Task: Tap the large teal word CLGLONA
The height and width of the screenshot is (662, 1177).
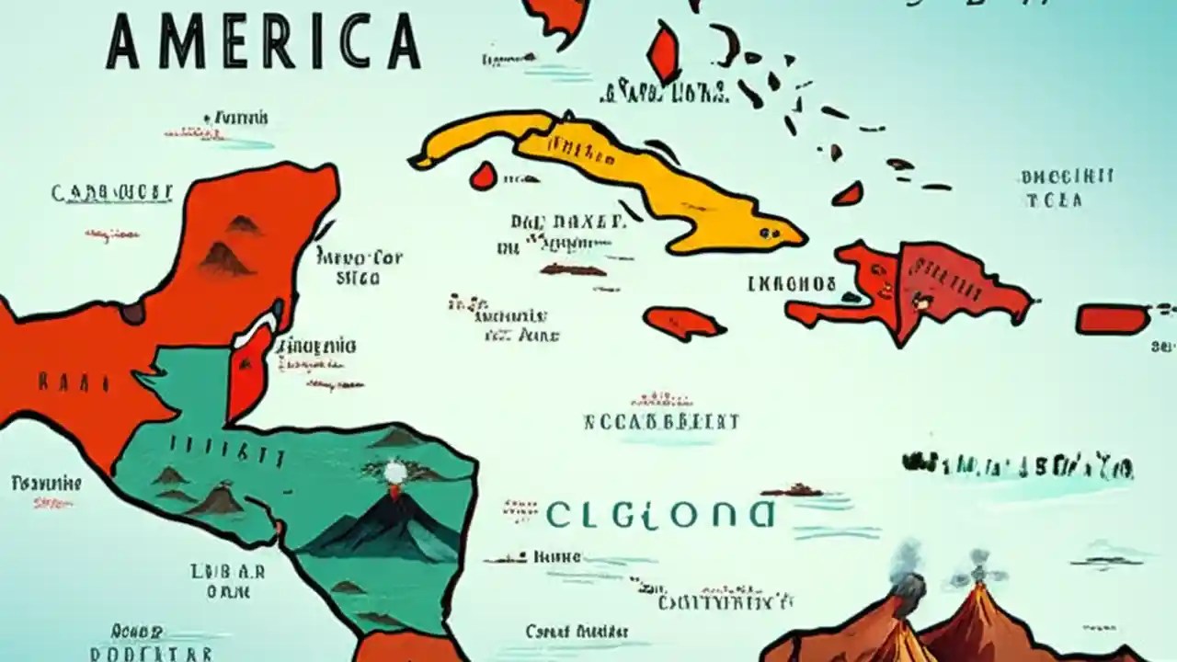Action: pyautogui.click(x=659, y=515)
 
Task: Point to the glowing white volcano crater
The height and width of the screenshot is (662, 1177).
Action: pyautogui.click(x=395, y=474)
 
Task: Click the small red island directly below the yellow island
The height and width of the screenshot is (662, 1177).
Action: pyautogui.click(x=684, y=323)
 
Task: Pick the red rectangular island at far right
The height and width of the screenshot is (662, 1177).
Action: pyautogui.click(x=1114, y=319)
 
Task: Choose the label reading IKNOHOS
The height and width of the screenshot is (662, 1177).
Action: pyautogui.click(x=792, y=284)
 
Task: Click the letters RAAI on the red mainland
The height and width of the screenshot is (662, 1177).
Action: pyautogui.click(x=74, y=382)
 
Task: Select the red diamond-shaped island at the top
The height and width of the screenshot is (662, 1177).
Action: pyautogui.click(x=663, y=51)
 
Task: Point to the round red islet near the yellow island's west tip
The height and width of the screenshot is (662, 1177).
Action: pyautogui.click(x=483, y=176)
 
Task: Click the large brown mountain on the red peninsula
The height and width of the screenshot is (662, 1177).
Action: pyautogui.click(x=224, y=258)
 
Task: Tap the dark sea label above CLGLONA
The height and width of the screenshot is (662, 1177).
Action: pyautogui.click(x=661, y=422)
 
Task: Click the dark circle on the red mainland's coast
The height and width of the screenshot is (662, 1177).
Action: pyautogui.click(x=132, y=312)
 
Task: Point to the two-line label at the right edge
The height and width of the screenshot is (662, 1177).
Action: pyautogui.click(x=1067, y=188)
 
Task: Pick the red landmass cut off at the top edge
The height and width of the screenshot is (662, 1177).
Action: pyautogui.click(x=557, y=15)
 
